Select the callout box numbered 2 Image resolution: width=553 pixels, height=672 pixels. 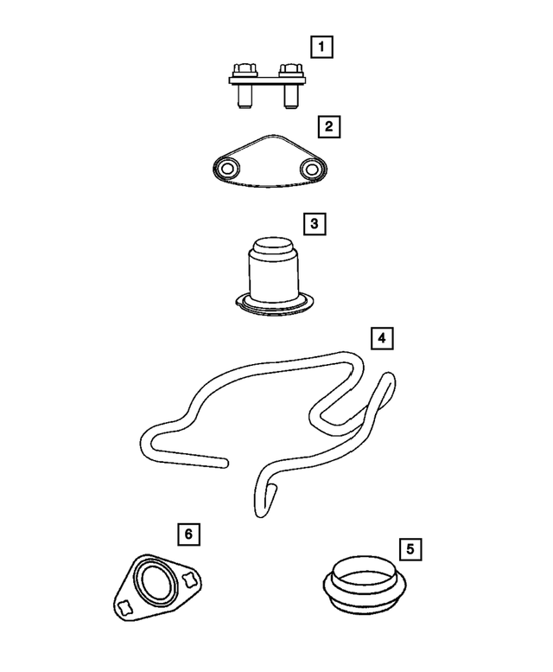pos(327,128)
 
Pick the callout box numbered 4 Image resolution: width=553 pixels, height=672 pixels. pos(381,337)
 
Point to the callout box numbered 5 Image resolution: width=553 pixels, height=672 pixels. pos(410,547)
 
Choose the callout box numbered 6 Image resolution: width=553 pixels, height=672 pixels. pos(188,534)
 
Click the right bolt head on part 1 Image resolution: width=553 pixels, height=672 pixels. pos(291,68)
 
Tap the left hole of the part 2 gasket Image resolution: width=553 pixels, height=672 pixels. pos(229,168)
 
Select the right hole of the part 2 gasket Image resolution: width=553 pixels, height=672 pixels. pos(310,167)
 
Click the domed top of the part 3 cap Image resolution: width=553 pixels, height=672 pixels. pos(271,246)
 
